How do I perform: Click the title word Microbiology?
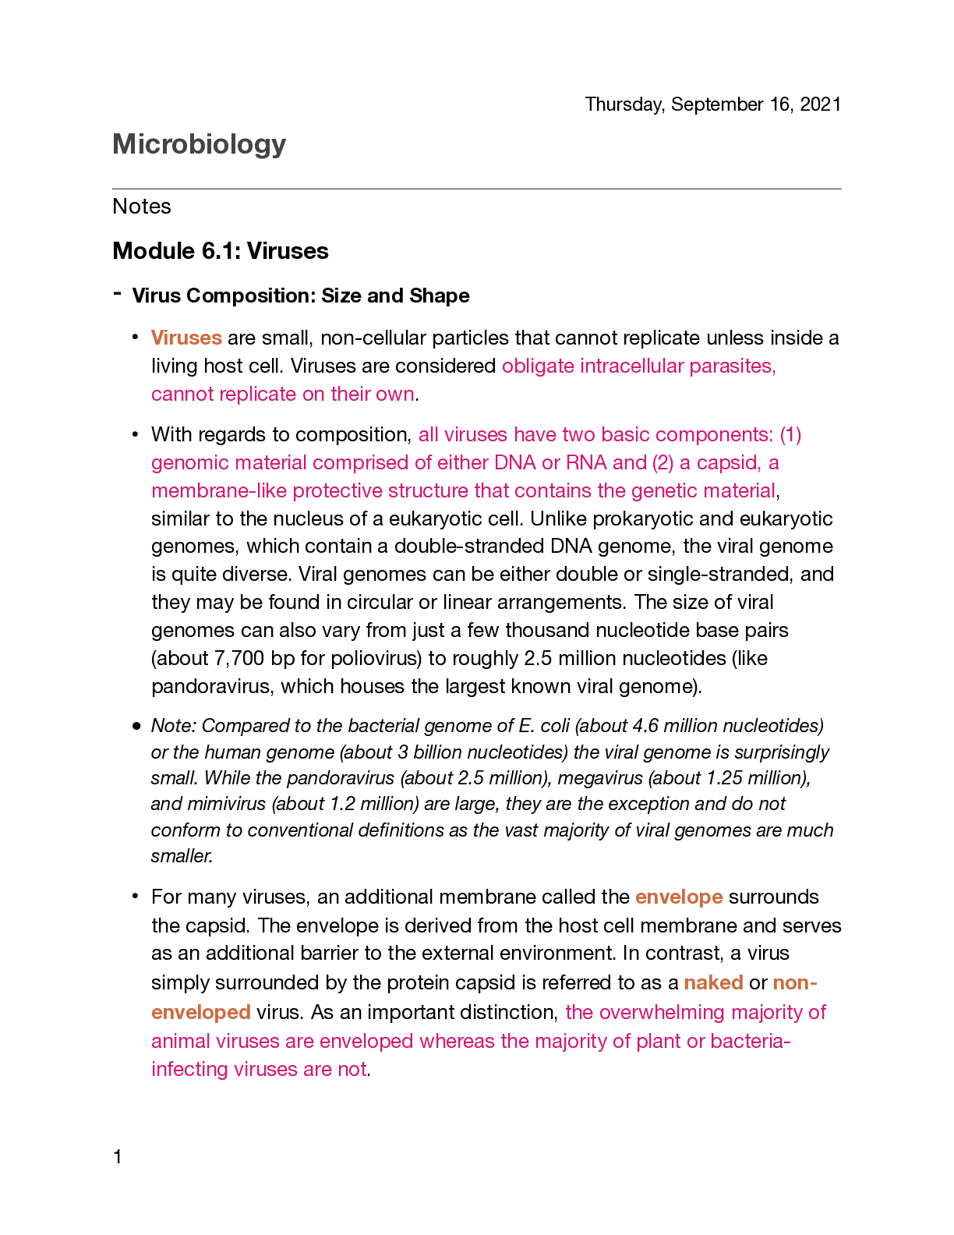click(199, 144)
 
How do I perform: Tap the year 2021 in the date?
click(820, 104)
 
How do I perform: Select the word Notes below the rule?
click(142, 207)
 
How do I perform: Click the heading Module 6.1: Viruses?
click(221, 251)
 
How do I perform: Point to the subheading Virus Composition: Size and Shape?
click(300, 296)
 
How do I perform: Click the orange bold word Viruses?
click(186, 338)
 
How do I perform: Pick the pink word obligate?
click(538, 366)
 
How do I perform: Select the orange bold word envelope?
click(679, 897)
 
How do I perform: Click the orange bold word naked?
click(713, 982)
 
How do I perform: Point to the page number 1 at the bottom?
click(118, 1157)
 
